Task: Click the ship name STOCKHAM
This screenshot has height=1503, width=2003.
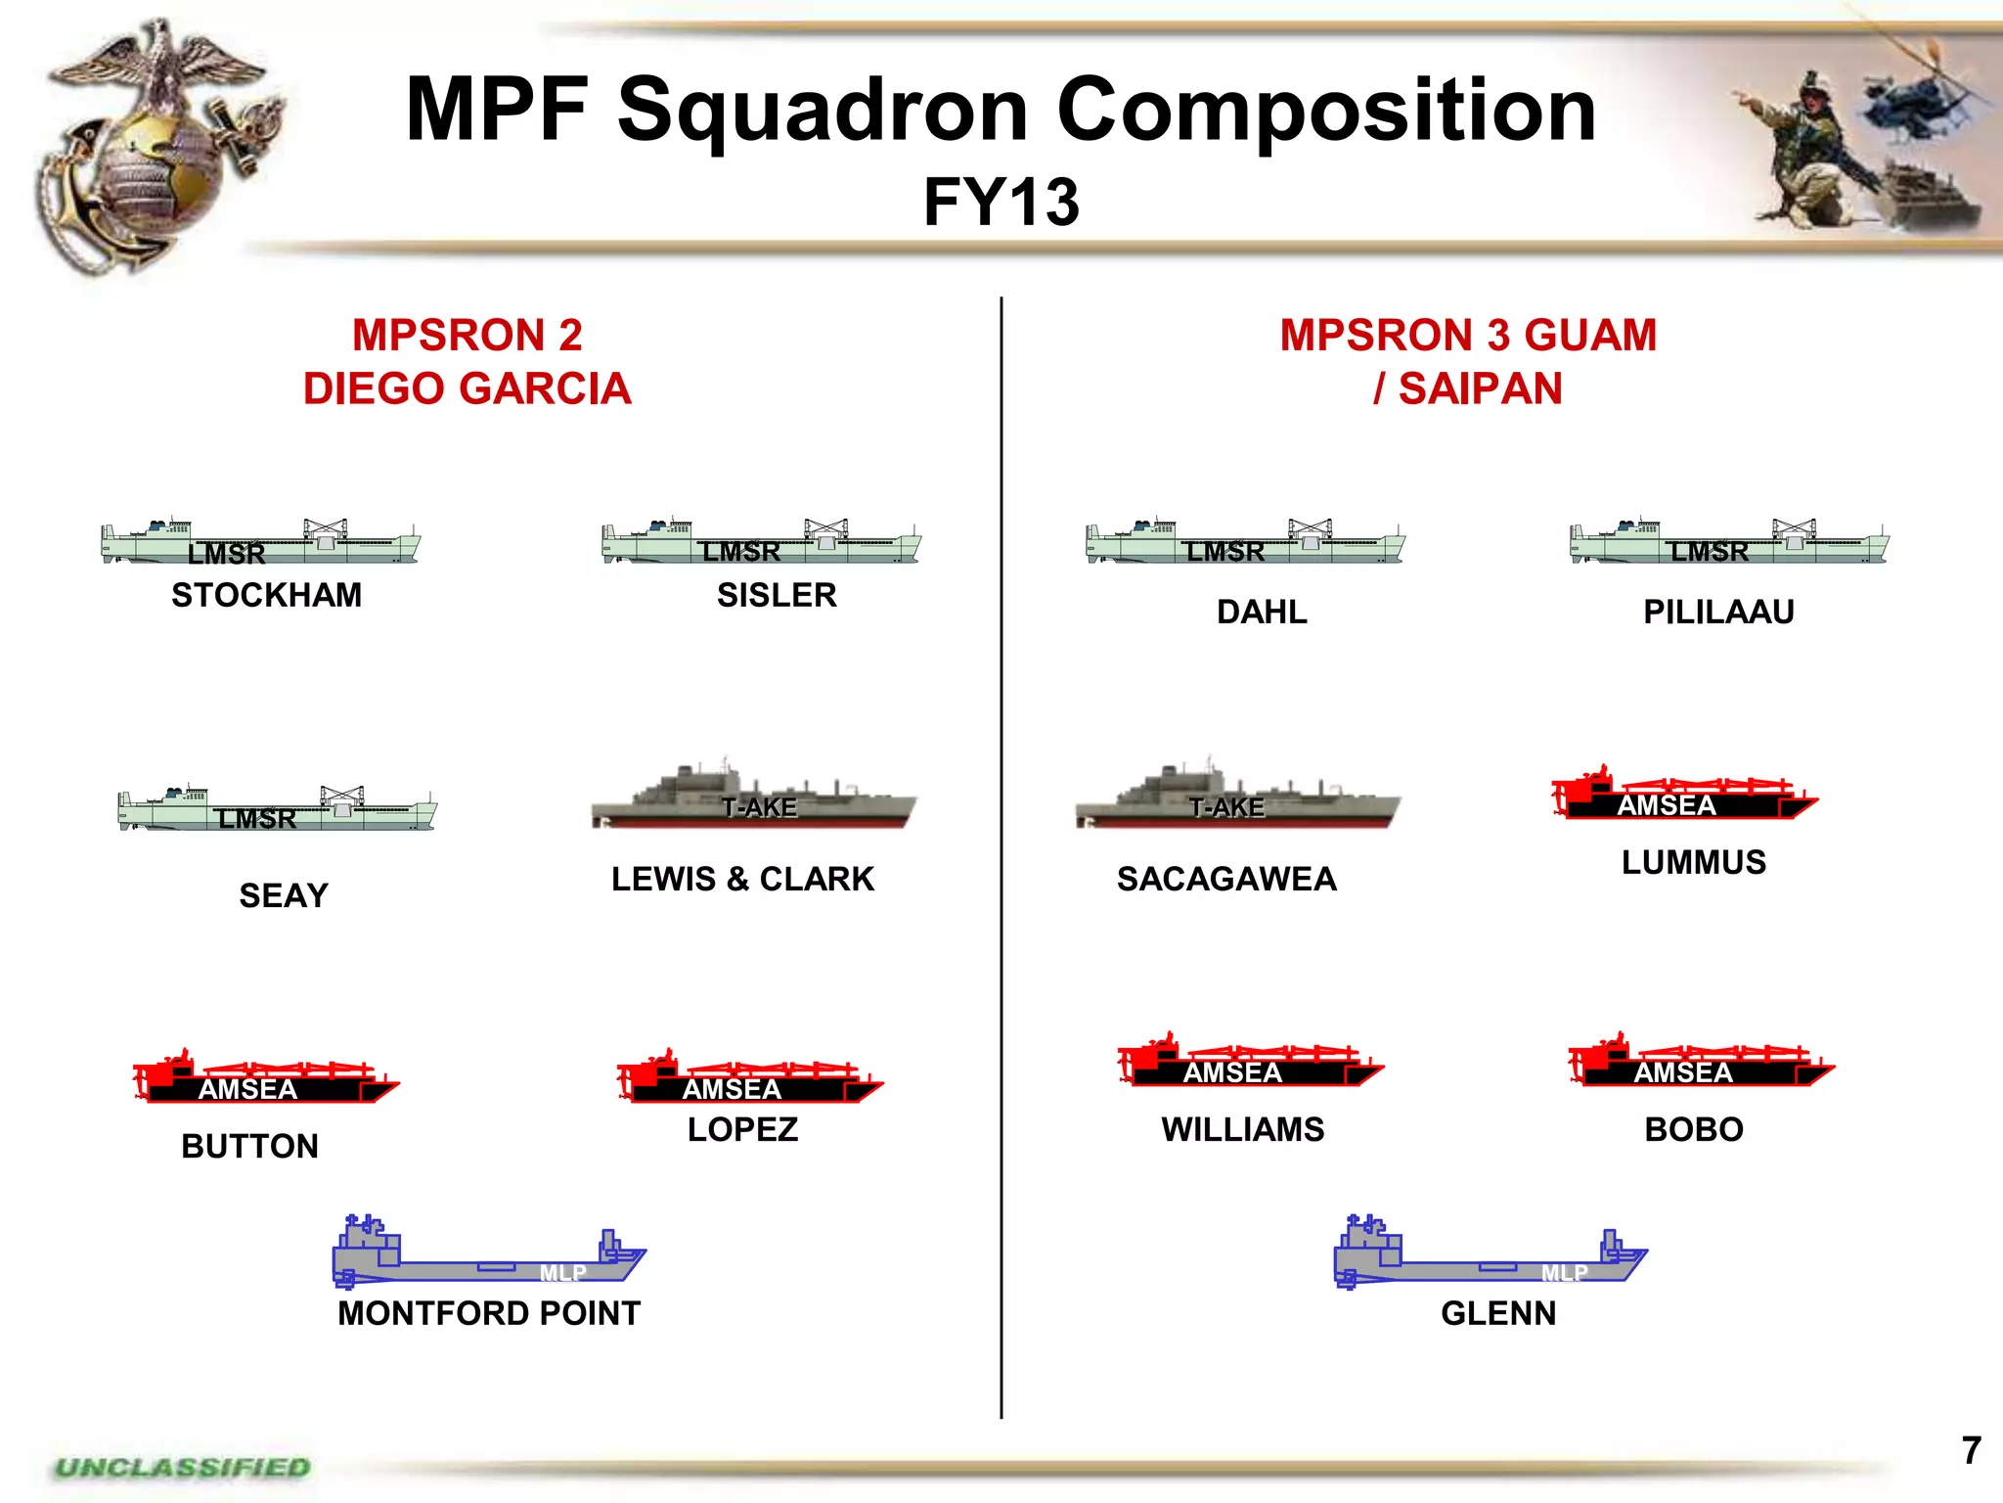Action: [x=266, y=595]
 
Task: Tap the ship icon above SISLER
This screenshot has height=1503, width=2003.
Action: [x=761, y=544]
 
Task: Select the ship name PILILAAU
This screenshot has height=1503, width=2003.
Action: [x=1718, y=612]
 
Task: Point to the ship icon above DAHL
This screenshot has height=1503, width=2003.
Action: [x=1244, y=544]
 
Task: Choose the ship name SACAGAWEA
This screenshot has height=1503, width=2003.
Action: [x=1226, y=879]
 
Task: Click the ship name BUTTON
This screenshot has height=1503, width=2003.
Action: [x=250, y=1146]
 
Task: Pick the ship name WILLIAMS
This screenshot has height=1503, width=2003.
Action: [x=1242, y=1129]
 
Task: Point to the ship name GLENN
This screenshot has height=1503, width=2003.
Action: [x=1497, y=1313]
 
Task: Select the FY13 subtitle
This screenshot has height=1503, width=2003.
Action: [x=1001, y=203]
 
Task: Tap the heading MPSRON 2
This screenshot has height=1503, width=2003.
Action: [x=467, y=336]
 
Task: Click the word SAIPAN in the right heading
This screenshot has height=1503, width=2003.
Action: [x=1480, y=389]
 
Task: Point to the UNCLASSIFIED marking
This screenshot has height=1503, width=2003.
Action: [x=182, y=1468]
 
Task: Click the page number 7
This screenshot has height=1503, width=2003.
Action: [x=1971, y=1450]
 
